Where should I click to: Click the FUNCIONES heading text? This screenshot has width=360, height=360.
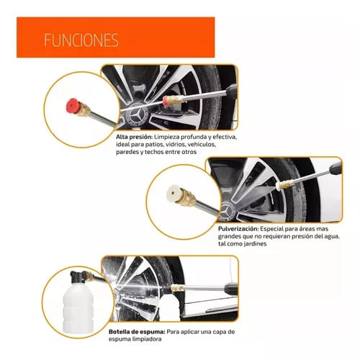coord(81,40)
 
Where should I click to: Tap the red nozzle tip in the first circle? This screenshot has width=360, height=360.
coord(73,107)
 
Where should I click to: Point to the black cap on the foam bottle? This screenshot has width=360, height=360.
coord(77,277)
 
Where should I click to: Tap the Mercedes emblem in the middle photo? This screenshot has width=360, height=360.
coord(226,212)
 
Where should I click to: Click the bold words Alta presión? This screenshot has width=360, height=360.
coord(134,138)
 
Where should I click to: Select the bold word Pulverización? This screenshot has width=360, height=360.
coord(238,229)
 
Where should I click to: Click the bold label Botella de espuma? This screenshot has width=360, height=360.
coord(137,332)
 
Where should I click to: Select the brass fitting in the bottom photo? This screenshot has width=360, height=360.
coord(178,288)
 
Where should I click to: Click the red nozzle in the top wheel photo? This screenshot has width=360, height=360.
coord(166,101)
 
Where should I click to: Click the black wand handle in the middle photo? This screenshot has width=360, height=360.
coord(336,168)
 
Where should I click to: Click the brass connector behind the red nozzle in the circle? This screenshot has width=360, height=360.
coord(85,110)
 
